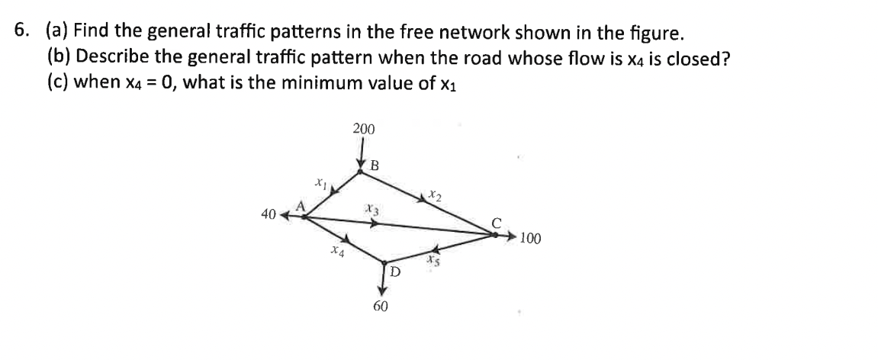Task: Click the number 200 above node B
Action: point(364,129)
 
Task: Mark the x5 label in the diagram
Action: point(434,260)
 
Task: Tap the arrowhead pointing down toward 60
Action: point(381,288)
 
